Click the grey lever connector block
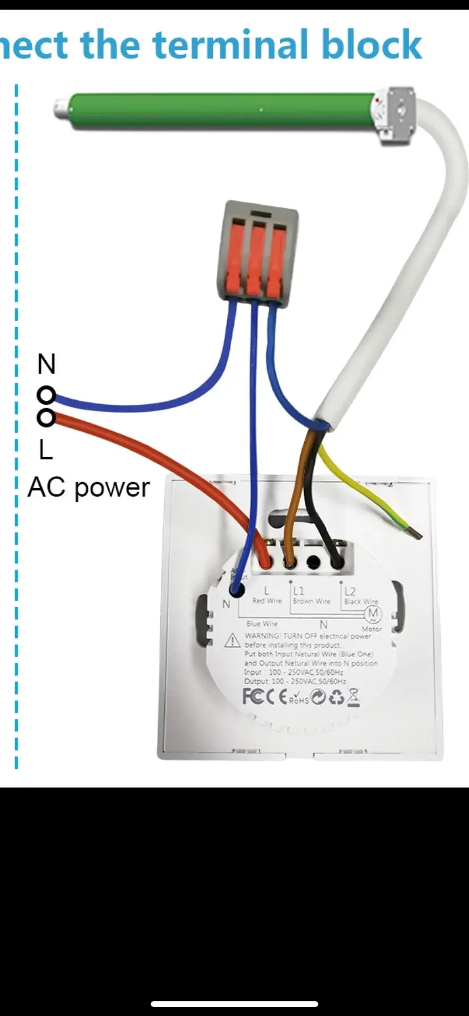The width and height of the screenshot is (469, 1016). point(258,249)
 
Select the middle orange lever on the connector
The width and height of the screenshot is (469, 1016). point(256,259)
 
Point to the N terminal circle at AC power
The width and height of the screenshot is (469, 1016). point(46,395)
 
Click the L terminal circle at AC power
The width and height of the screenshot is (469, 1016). point(46,418)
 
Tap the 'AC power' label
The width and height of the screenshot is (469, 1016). point(88,487)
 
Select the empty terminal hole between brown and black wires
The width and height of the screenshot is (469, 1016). point(313,562)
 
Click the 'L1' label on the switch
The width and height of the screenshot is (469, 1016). point(299,591)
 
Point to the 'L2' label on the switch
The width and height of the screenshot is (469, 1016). point(350,591)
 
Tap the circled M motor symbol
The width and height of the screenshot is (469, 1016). point(373,614)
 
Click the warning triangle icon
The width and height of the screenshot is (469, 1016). point(232,641)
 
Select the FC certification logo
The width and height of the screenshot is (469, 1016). point(253,696)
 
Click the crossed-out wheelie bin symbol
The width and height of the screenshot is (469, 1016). point(353,696)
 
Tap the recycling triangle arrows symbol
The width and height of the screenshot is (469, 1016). point(336,697)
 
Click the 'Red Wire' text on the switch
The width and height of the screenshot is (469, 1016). point(267,601)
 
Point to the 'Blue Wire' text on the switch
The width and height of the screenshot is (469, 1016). point(262,624)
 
